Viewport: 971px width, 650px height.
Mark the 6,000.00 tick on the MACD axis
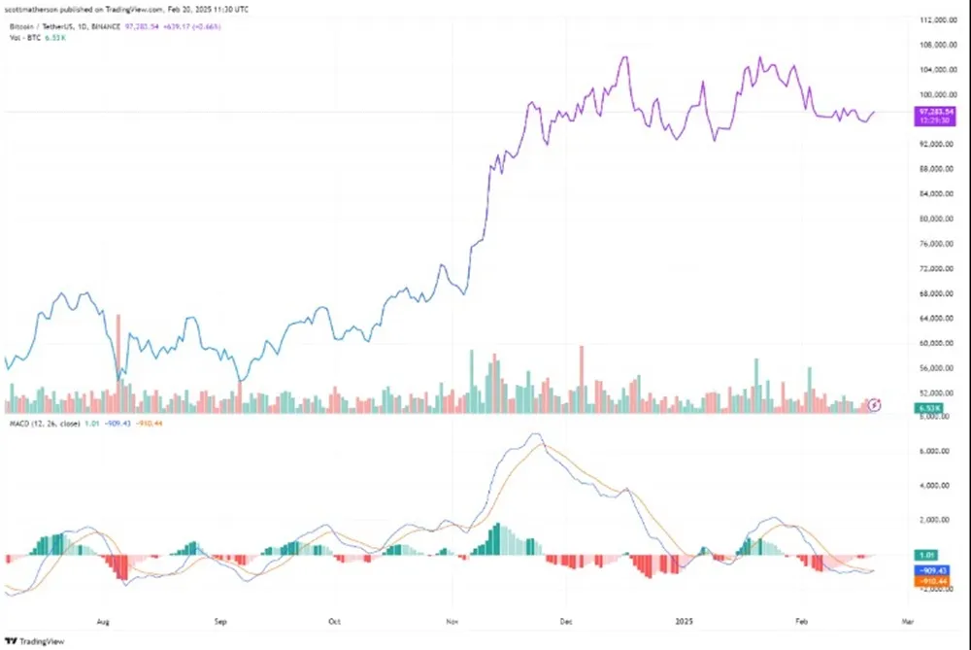pyautogui.click(x=932, y=452)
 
